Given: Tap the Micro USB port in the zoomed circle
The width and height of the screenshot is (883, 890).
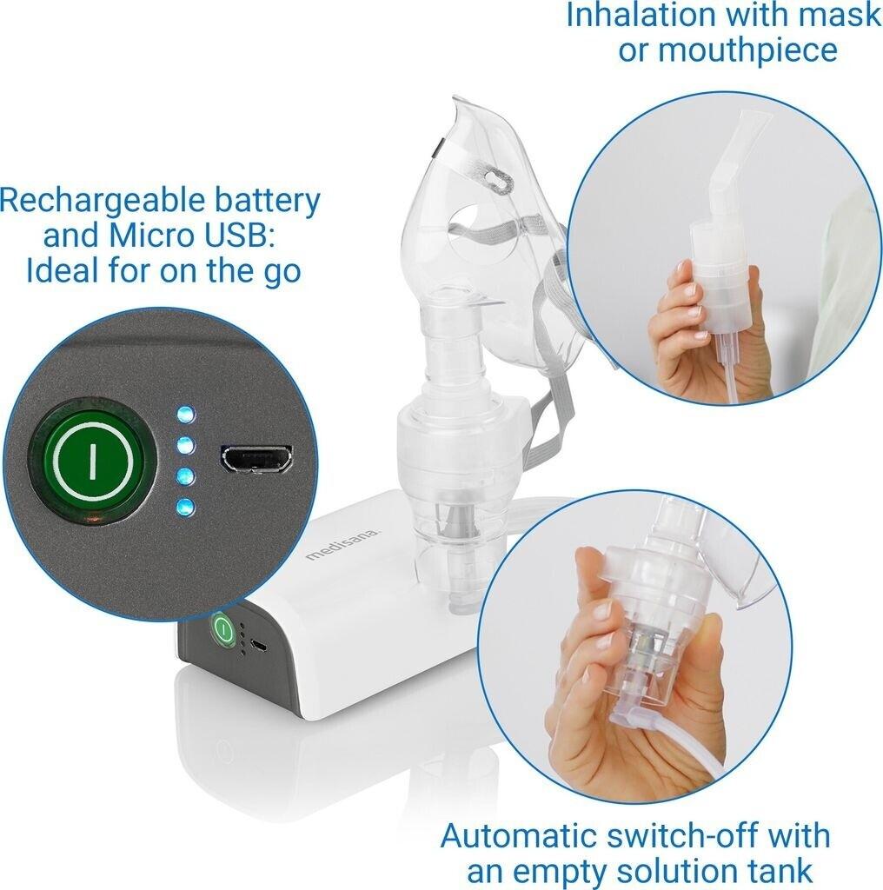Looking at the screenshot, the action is coord(257,458).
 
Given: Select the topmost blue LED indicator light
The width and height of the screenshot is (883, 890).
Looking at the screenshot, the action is coord(186,415).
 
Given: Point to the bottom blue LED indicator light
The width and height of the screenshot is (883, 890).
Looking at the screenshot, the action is coord(186,507).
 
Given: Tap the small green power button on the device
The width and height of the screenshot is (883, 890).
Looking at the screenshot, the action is coord(223,629).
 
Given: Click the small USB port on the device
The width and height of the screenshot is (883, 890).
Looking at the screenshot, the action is coord(258,647).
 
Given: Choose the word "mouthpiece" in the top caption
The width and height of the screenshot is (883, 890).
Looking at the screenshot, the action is coord(747,51).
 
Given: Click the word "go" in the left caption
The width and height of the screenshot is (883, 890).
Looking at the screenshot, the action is coord(280,272).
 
